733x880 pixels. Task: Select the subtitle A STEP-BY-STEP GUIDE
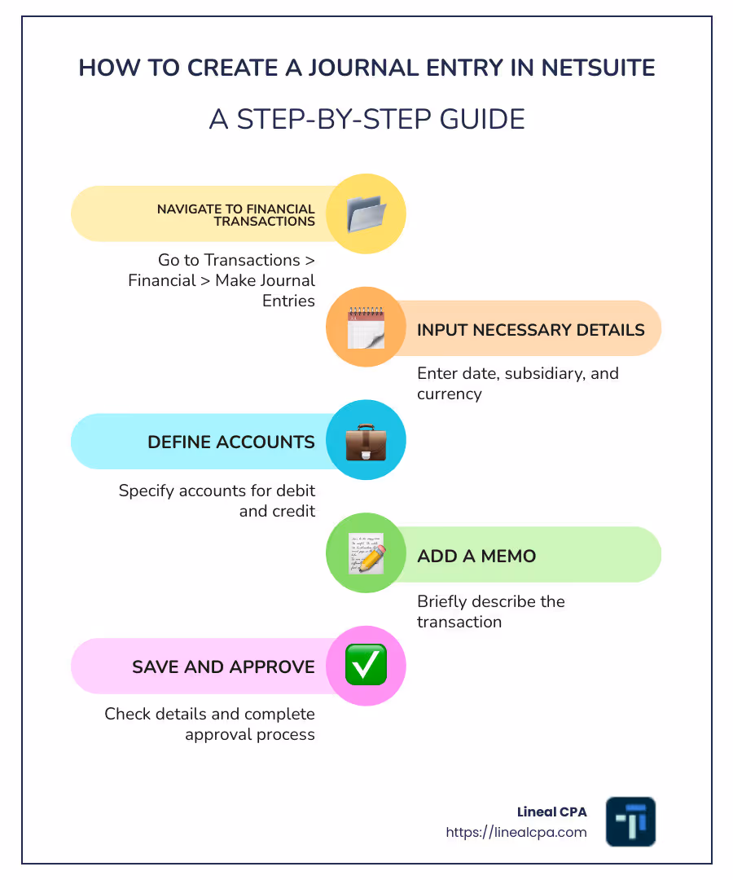point(366,119)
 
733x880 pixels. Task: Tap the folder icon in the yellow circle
point(366,214)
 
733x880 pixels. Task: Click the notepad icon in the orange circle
point(366,328)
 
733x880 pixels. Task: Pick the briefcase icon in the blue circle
point(366,441)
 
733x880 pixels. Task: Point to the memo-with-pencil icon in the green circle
point(366,554)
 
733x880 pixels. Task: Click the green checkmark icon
point(366,666)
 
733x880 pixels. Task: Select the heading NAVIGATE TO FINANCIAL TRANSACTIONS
point(235,215)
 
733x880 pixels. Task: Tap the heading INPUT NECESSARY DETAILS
point(531,330)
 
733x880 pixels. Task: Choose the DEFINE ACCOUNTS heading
point(230,442)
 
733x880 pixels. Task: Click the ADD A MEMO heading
point(476,557)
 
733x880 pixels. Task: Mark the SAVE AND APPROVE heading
point(223,667)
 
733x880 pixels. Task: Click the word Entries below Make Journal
point(288,301)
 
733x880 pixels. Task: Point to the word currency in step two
point(450,394)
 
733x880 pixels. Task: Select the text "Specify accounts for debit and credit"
point(217,501)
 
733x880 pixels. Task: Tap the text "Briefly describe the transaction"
point(490,611)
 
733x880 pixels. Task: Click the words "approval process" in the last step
point(249,734)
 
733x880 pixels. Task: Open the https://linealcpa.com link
point(516,832)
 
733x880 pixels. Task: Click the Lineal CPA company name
point(551,812)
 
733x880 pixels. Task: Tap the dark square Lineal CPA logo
point(630,821)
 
